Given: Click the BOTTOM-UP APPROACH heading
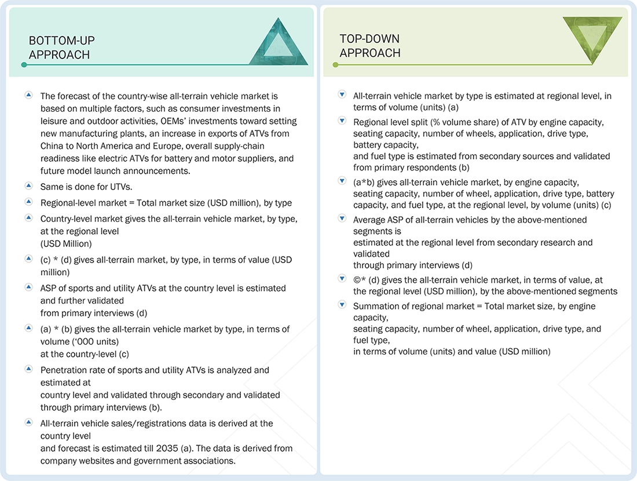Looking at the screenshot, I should (x=61, y=48).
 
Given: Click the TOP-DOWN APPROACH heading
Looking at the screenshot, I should (x=369, y=46).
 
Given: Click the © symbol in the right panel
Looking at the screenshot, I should (x=357, y=279).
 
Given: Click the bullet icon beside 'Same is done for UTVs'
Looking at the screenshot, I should (x=28, y=187).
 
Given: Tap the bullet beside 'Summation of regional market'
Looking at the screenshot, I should (x=342, y=305).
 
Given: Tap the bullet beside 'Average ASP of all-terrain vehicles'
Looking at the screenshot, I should (x=342, y=219).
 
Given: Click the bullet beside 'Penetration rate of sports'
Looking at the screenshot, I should (x=28, y=369).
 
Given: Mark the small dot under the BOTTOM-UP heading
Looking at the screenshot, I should (x=24, y=65).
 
